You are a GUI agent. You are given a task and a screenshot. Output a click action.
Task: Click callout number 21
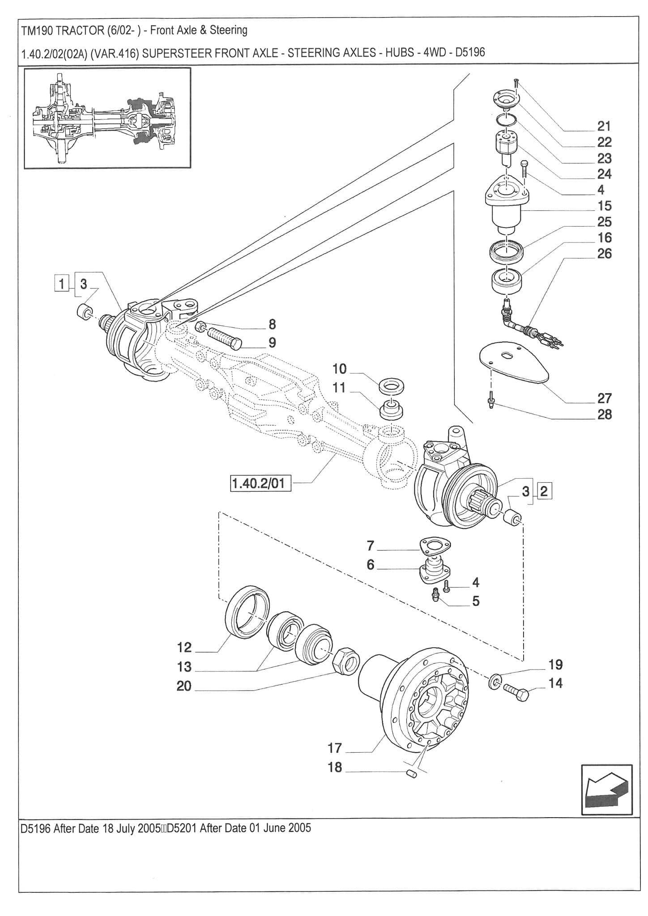(604, 126)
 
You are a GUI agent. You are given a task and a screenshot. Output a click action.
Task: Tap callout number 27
(604, 398)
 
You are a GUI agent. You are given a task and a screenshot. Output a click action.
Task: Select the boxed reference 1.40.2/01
(260, 483)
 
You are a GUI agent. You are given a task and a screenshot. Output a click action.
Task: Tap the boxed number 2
(544, 491)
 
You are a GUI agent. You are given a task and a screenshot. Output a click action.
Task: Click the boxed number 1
(62, 284)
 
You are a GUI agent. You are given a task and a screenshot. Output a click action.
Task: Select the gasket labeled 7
(435, 545)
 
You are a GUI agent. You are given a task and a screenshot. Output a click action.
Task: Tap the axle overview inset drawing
(107, 118)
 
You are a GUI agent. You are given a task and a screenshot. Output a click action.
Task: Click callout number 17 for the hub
(335, 748)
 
